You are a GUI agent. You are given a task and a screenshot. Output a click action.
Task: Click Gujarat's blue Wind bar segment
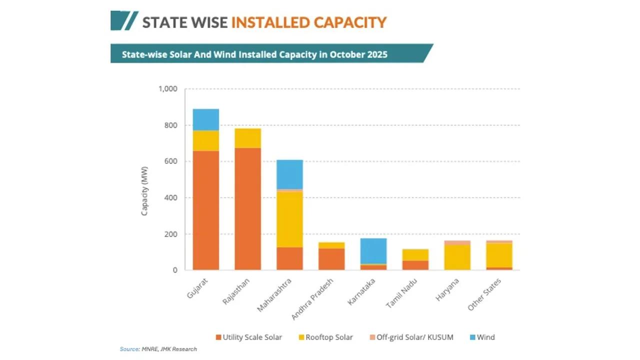point(205,119)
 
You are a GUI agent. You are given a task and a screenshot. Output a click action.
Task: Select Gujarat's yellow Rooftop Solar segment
point(205,140)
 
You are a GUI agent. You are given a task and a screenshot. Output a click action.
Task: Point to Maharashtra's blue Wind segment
point(289,174)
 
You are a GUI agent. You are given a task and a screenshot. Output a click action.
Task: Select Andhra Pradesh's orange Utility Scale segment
point(331,259)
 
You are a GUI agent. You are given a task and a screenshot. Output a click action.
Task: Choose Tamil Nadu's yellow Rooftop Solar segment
point(415,254)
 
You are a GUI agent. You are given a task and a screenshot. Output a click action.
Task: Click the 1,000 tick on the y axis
point(168,89)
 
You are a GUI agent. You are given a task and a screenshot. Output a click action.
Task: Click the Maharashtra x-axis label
point(274,295)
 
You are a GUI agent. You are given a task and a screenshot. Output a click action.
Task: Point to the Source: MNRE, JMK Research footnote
point(158,349)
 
